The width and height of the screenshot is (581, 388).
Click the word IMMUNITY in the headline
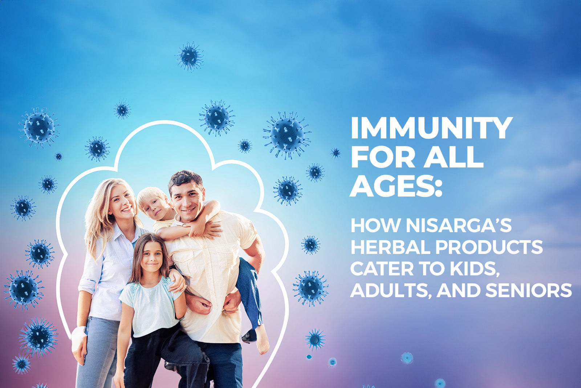click(x=432, y=128)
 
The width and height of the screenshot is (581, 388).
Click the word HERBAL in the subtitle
click(x=390, y=247)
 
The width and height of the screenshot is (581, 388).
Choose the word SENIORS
click(x=529, y=290)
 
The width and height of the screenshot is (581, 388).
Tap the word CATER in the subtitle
click(x=382, y=269)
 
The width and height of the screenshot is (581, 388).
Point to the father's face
click(x=188, y=201)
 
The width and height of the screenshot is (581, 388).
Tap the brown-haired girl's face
click(x=151, y=257)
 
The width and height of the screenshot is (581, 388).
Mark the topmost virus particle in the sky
click(x=190, y=56)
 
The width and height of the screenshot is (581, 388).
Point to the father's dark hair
click(x=185, y=179)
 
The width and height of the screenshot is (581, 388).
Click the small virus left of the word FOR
click(x=336, y=153)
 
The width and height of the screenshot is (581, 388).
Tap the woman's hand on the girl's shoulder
click(x=178, y=281)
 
